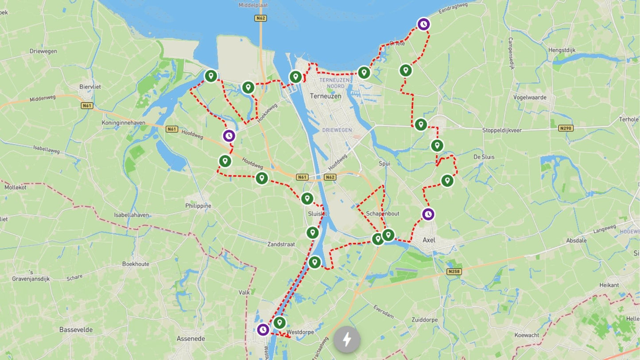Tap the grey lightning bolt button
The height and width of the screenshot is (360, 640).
(347, 340)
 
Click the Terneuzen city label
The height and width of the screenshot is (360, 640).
(326, 96)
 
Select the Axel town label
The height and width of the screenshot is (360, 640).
(429, 240)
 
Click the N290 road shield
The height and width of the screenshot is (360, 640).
(566, 128)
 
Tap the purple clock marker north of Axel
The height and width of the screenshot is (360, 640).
(428, 214)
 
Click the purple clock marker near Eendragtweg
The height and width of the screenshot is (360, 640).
(424, 24)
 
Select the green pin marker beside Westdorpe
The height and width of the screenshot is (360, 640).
(279, 322)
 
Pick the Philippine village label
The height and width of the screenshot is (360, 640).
(198, 206)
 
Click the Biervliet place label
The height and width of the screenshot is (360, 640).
(90, 87)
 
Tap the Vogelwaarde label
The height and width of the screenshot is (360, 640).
(530, 97)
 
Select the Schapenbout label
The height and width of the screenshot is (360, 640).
(382, 213)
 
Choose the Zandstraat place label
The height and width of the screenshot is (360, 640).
(281, 244)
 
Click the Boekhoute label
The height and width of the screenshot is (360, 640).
(136, 264)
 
